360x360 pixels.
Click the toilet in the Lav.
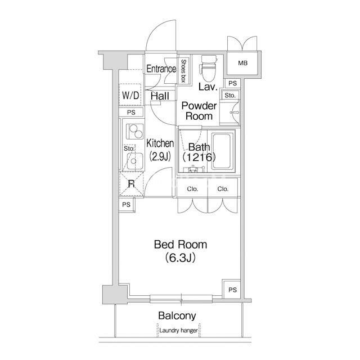click(209, 68)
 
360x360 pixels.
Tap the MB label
click(242, 63)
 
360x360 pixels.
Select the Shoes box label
click(183, 70)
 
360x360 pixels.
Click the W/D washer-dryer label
click(130, 95)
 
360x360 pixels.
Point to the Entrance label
click(161, 69)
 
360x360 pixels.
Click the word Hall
click(160, 96)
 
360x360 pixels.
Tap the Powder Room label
click(199, 111)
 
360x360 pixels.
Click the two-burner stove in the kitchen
click(135, 132)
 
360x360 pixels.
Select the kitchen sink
click(135, 161)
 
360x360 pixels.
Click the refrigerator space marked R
click(131, 184)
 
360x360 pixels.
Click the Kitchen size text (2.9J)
click(160, 157)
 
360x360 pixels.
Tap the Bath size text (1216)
click(199, 157)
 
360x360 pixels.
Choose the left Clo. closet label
click(192, 189)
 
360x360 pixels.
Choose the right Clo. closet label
click(223, 189)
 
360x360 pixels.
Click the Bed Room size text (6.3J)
click(181, 258)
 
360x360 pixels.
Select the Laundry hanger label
click(179, 330)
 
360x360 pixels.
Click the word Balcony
click(177, 316)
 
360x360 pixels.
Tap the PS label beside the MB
click(232, 83)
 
